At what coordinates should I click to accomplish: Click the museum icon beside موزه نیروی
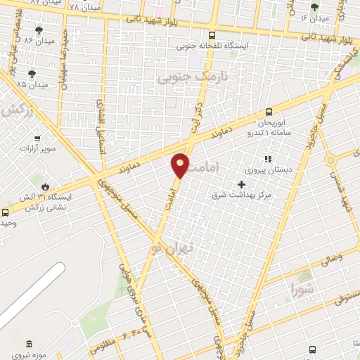click(28, 345)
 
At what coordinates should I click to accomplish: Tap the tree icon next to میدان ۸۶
click(38, 30)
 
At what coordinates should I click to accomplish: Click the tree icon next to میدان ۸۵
click(32, 73)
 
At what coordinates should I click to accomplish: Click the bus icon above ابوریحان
click(269, 112)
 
